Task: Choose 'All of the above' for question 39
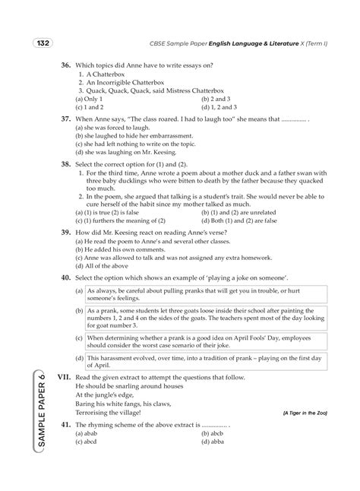point(104,267)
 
